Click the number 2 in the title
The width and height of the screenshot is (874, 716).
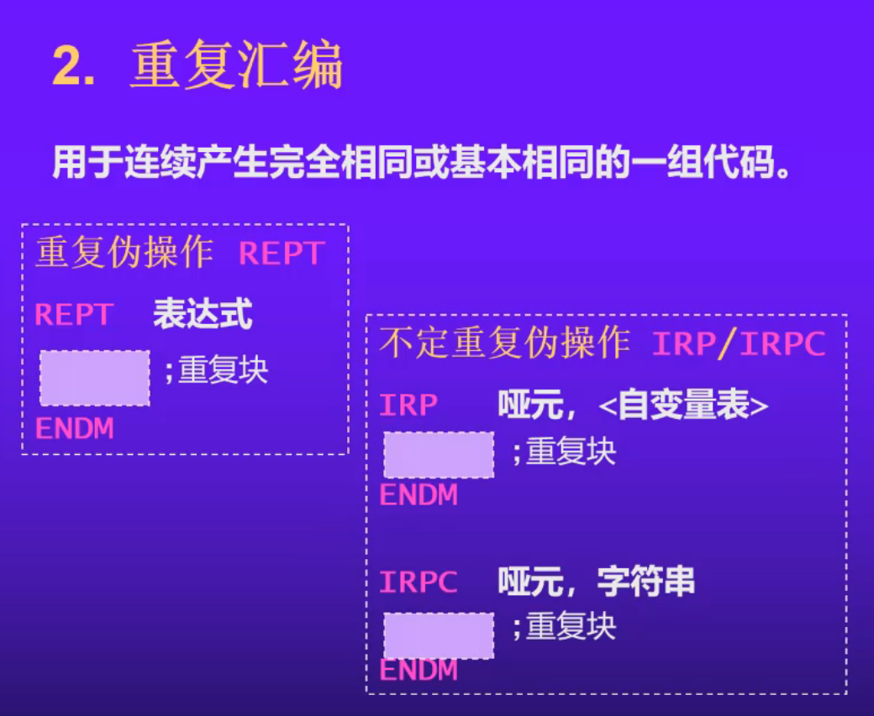71,66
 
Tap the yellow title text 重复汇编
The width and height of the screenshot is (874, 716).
236,66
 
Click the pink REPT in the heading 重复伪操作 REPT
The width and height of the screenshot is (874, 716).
282,254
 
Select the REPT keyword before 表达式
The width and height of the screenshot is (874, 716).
74,315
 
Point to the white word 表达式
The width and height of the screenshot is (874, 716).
203,315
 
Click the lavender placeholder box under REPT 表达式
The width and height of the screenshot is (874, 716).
95,378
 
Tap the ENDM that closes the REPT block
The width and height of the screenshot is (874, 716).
74,428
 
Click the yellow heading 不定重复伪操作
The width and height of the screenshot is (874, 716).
504,343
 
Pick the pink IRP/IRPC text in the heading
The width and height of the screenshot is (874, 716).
739,344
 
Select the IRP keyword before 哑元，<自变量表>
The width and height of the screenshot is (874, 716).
409,405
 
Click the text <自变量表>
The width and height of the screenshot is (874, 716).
684,406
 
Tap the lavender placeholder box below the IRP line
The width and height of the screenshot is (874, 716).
439,455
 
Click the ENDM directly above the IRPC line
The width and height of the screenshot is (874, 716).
419,495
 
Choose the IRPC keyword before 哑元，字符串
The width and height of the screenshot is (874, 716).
419,582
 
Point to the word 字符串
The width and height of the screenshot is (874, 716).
646,582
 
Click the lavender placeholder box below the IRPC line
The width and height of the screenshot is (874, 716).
439,635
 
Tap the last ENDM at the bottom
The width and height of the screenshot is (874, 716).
419,671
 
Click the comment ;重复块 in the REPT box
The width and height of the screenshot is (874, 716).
216,370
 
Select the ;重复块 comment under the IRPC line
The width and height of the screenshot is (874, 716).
564,627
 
